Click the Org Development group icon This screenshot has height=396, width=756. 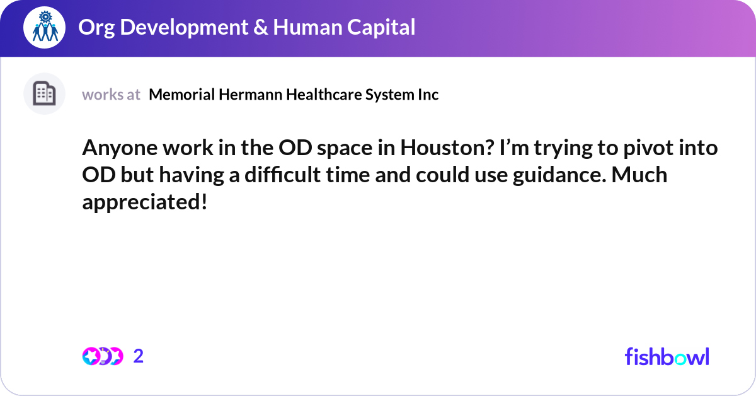[45, 27]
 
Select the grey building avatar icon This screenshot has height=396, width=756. [44, 94]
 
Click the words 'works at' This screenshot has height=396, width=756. [111, 95]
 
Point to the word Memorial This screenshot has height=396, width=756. [182, 95]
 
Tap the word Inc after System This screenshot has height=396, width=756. [428, 95]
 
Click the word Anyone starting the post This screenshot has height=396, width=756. [115, 149]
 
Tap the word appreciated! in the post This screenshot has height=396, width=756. [144, 202]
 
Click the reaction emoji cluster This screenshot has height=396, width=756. [102, 356]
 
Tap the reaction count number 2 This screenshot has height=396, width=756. [139, 356]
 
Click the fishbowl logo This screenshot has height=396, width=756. [667, 356]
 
